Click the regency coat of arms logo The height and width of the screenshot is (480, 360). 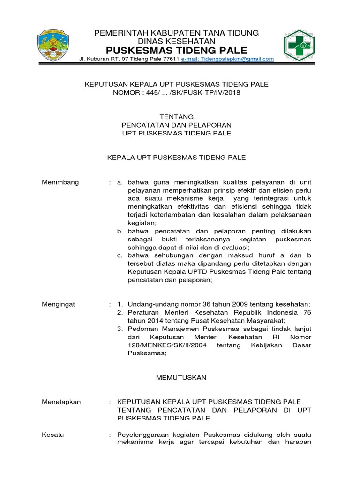52,45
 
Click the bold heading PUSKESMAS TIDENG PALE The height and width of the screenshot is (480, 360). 176,51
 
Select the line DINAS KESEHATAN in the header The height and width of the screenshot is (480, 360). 176,41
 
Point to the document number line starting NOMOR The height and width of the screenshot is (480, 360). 176,93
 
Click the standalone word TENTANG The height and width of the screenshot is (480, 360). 176,117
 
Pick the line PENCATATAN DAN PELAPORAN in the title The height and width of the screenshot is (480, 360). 176,125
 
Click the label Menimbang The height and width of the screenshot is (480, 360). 60,182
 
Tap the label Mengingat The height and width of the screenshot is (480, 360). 59,304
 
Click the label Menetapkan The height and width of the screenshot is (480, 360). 61,402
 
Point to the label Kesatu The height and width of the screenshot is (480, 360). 53,435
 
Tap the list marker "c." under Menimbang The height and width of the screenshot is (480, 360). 120,255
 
